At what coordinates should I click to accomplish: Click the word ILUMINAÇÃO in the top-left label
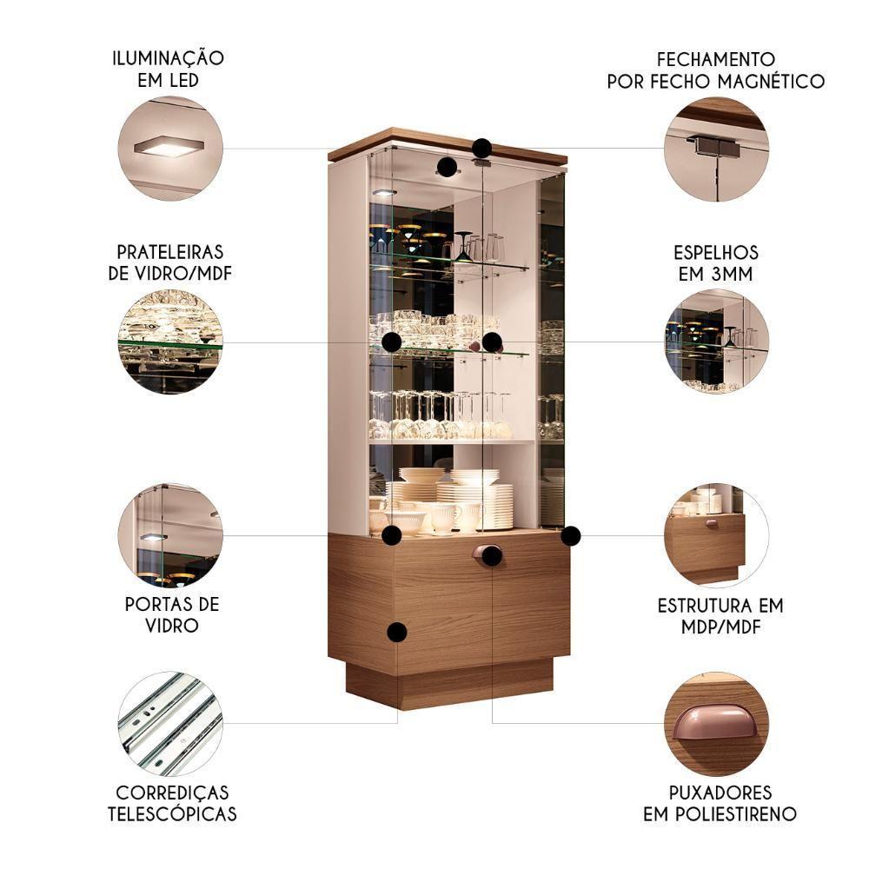169,58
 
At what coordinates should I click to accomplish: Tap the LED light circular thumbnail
170,148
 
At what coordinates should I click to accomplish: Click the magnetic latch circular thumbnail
717,148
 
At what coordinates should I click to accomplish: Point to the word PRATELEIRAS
170,252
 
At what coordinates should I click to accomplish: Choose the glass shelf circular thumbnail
170,342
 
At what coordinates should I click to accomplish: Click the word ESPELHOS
716,253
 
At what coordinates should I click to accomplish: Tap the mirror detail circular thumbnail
717,342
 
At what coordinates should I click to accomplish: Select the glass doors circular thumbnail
170,535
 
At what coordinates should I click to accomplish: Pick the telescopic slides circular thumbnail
170,723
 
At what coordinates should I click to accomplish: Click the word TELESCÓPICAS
172,814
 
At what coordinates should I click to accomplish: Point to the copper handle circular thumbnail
717,723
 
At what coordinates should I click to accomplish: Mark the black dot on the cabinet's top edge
482,148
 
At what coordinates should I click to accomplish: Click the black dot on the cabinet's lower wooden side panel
397,632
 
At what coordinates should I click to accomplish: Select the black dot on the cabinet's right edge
571,535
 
